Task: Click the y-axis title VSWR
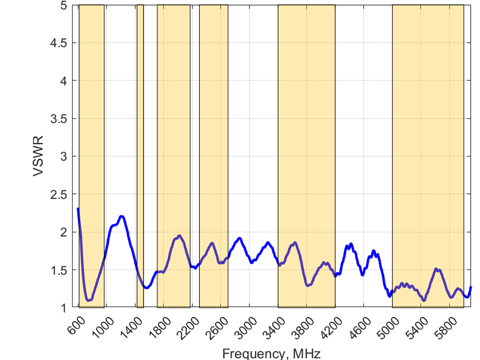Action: [38, 156]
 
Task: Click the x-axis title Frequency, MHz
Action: [272, 353]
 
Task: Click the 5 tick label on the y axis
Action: [63, 6]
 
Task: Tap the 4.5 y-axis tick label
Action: [60, 43]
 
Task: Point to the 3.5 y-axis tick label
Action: [60, 119]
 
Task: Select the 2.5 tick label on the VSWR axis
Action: [60, 194]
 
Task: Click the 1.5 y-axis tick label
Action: [60, 270]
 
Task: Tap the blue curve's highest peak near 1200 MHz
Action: [122, 217]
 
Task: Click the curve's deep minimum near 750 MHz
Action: [88, 300]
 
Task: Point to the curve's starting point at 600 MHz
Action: [78, 209]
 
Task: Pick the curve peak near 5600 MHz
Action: [436, 269]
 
